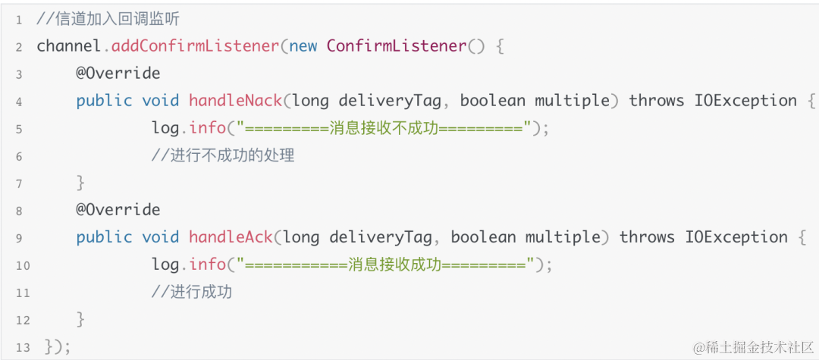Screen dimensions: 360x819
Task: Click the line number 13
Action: [22, 347]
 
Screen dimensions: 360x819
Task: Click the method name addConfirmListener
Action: [196, 46]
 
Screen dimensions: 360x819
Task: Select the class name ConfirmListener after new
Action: [397, 46]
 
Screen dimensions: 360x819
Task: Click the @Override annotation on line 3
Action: [118, 74]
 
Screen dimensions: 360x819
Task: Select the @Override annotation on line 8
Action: [118, 210]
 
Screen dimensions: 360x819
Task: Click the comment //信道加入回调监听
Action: [108, 19]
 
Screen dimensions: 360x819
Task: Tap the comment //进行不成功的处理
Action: [222, 155]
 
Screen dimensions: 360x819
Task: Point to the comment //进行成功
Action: [191, 292]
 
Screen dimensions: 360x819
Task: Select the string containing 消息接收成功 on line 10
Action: [386, 265]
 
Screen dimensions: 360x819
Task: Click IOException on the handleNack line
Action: [745, 101]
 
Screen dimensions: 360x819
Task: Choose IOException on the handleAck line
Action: [736, 237]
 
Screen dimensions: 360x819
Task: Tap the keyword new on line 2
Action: [303, 46]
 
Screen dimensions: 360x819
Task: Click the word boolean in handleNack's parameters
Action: [492, 101]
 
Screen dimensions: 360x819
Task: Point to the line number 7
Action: [19, 183]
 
